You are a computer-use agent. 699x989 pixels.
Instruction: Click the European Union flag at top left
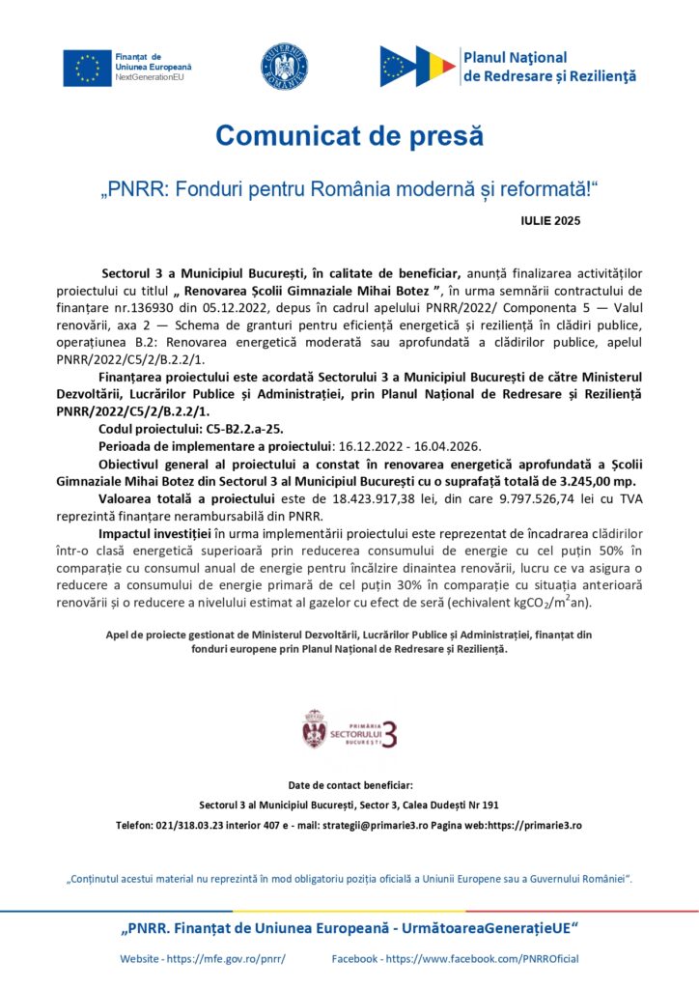(87, 67)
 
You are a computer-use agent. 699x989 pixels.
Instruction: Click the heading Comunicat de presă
(349, 136)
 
